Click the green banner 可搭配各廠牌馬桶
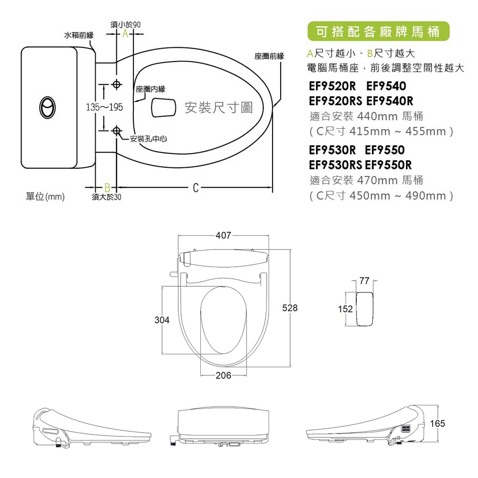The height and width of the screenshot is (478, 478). tap(378, 31)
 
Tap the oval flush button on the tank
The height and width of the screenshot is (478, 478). tap(47, 107)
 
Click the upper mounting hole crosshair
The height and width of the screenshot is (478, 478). tap(117, 84)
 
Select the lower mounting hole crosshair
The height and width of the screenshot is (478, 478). tap(117, 131)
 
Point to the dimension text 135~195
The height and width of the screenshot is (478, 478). tap(104, 107)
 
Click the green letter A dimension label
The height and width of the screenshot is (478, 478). tap(125, 34)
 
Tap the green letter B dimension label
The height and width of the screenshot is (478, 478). tap(107, 187)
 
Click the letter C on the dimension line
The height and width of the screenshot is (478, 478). tap(196, 187)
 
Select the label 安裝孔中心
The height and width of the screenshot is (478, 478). tap(149, 139)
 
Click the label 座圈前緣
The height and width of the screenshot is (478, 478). tap(269, 56)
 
